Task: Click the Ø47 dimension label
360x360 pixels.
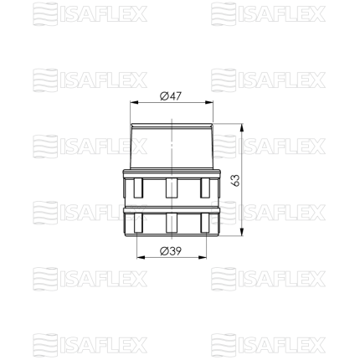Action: click(x=171, y=96)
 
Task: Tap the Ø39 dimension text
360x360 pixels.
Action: click(x=171, y=251)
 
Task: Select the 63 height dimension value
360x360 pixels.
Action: click(x=235, y=180)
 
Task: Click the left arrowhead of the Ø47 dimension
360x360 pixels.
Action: click(x=135, y=102)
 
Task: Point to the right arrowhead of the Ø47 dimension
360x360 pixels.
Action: click(x=209, y=102)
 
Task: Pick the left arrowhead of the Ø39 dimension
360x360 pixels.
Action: click(x=141, y=257)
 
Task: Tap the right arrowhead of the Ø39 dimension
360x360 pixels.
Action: click(x=203, y=257)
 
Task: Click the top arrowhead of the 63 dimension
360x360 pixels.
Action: click(x=242, y=128)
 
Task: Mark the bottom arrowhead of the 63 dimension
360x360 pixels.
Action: click(x=242, y=232)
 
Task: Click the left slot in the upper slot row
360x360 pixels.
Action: click(x=138, y=188)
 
